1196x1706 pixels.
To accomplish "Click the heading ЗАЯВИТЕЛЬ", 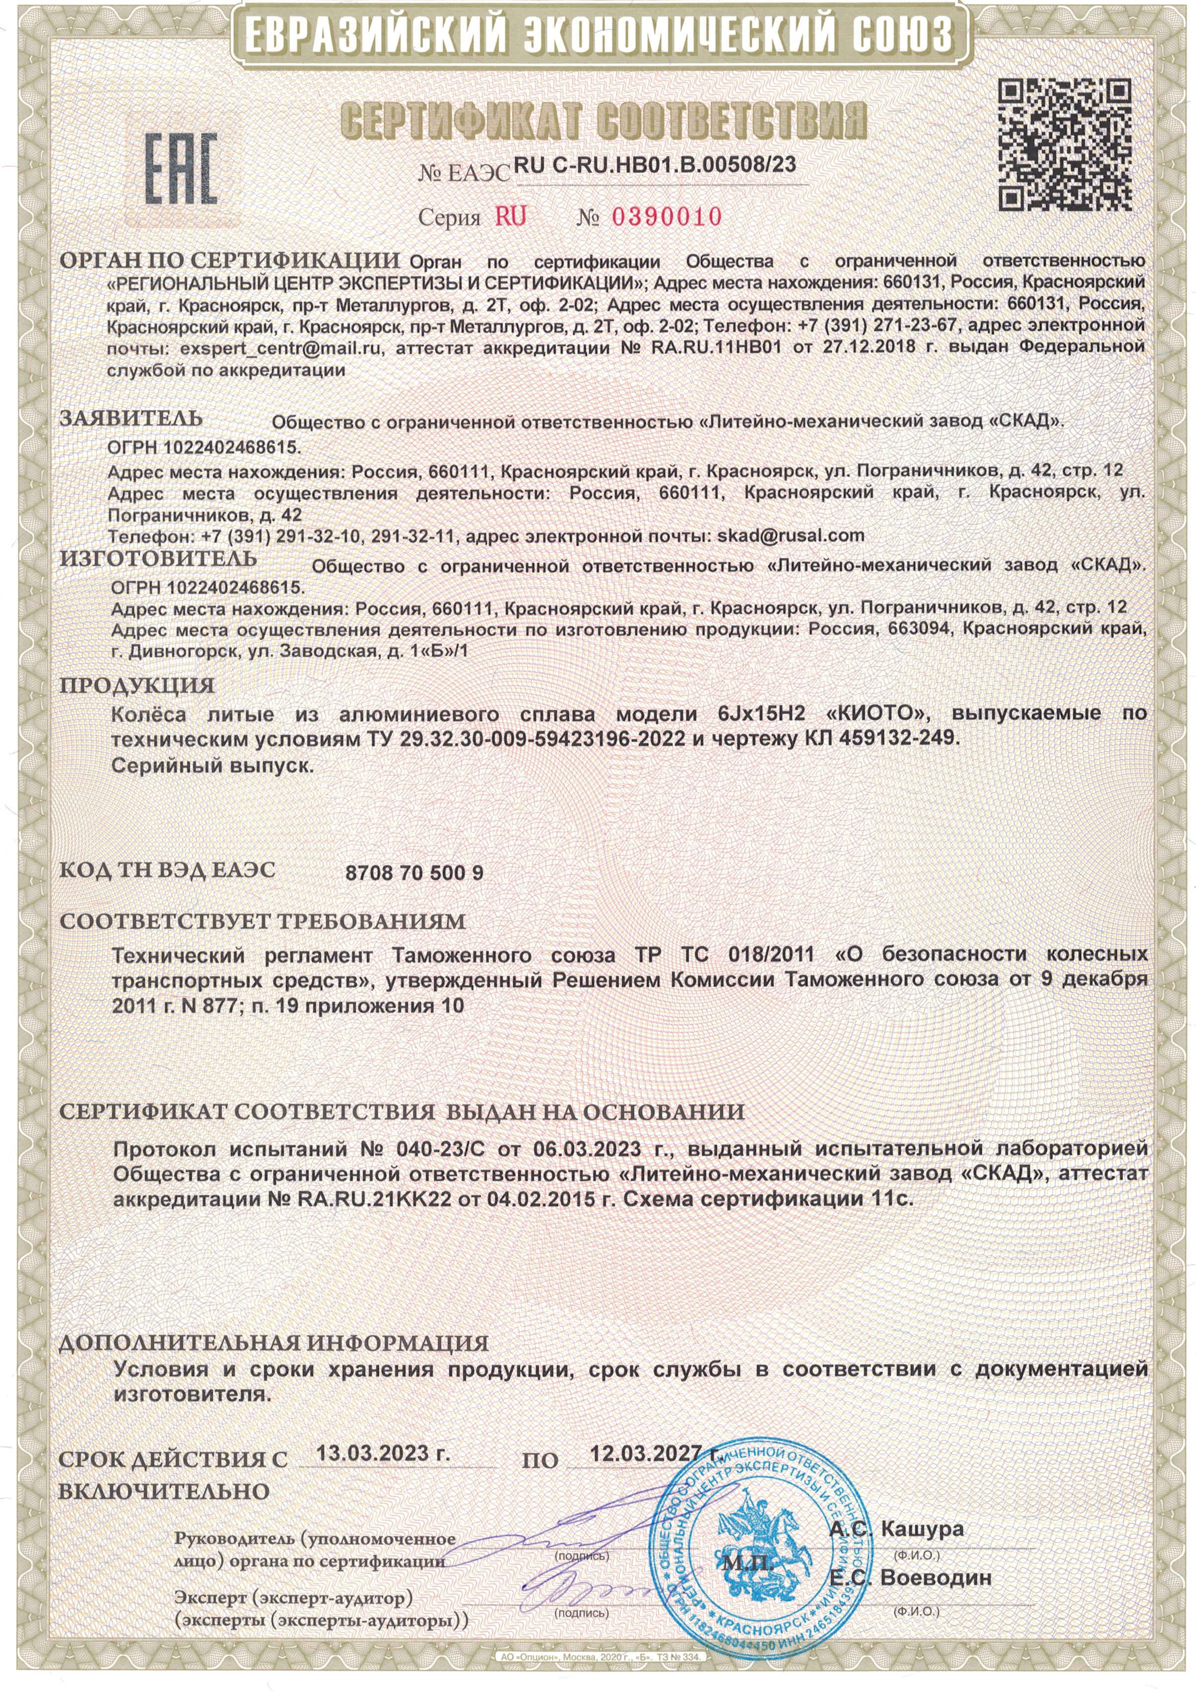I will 131,418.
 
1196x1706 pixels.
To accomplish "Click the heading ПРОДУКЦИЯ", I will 136,685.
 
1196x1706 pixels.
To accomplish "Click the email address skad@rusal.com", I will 790,535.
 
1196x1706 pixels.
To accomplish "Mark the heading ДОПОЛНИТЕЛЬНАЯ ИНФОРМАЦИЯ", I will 273,1343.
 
